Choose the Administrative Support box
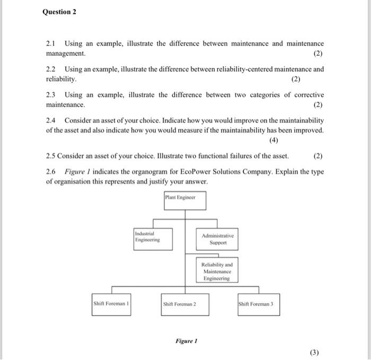217,239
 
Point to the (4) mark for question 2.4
273,140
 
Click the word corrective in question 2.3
307,95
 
